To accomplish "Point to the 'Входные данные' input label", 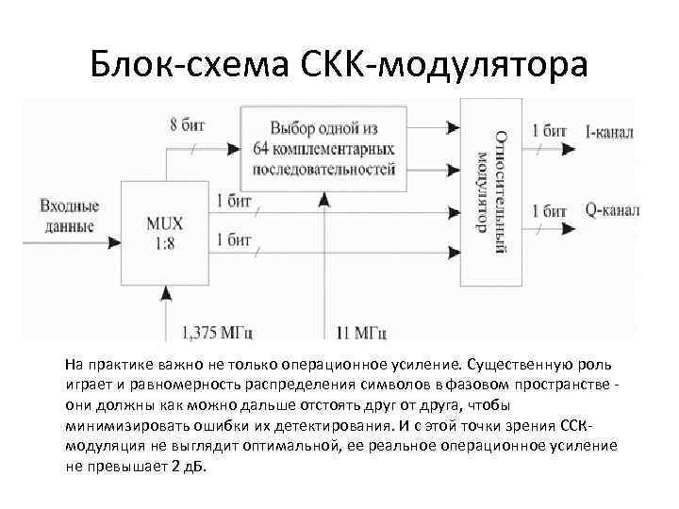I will pyautogui.click(x=67, y=216).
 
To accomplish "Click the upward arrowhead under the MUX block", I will pyautogui.click(x=167, y=295).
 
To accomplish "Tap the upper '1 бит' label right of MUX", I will pyautogui.click(x=234, y=201).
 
